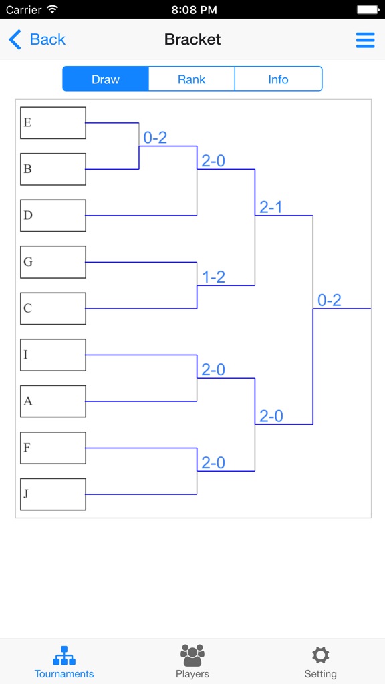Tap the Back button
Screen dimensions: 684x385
point(37,39)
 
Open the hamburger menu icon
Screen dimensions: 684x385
point(365,40)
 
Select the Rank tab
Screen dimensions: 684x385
point(191,79)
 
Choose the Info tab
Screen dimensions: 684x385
point(278,79)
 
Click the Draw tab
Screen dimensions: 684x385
point(106,79)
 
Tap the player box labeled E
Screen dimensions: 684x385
point(53,123)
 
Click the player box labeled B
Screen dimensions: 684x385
point(53,169)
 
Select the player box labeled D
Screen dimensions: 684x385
point(53,216)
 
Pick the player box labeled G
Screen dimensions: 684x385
point(53,262)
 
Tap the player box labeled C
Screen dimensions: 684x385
point(53,309)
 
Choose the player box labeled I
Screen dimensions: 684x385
point(53,355)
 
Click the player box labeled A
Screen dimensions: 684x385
point(53,401)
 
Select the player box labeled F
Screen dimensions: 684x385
point(53,448)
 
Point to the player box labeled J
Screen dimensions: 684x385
point(53,494)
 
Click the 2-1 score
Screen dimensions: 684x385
point(271,208)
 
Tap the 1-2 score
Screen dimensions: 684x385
point(213,277)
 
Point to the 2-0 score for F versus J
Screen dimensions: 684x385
point(213,463)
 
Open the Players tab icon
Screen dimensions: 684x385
point(192,655)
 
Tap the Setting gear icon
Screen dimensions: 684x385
point(321,655)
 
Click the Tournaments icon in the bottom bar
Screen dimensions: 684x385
point(64,655)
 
